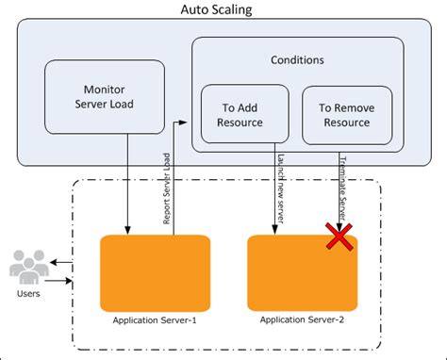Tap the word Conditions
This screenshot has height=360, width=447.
[297, 59]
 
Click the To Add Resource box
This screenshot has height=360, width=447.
[240, 114]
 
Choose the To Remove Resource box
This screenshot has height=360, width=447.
[343, 114]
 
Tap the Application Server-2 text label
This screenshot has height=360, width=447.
[304, 322]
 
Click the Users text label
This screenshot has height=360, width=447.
[27, 296]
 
